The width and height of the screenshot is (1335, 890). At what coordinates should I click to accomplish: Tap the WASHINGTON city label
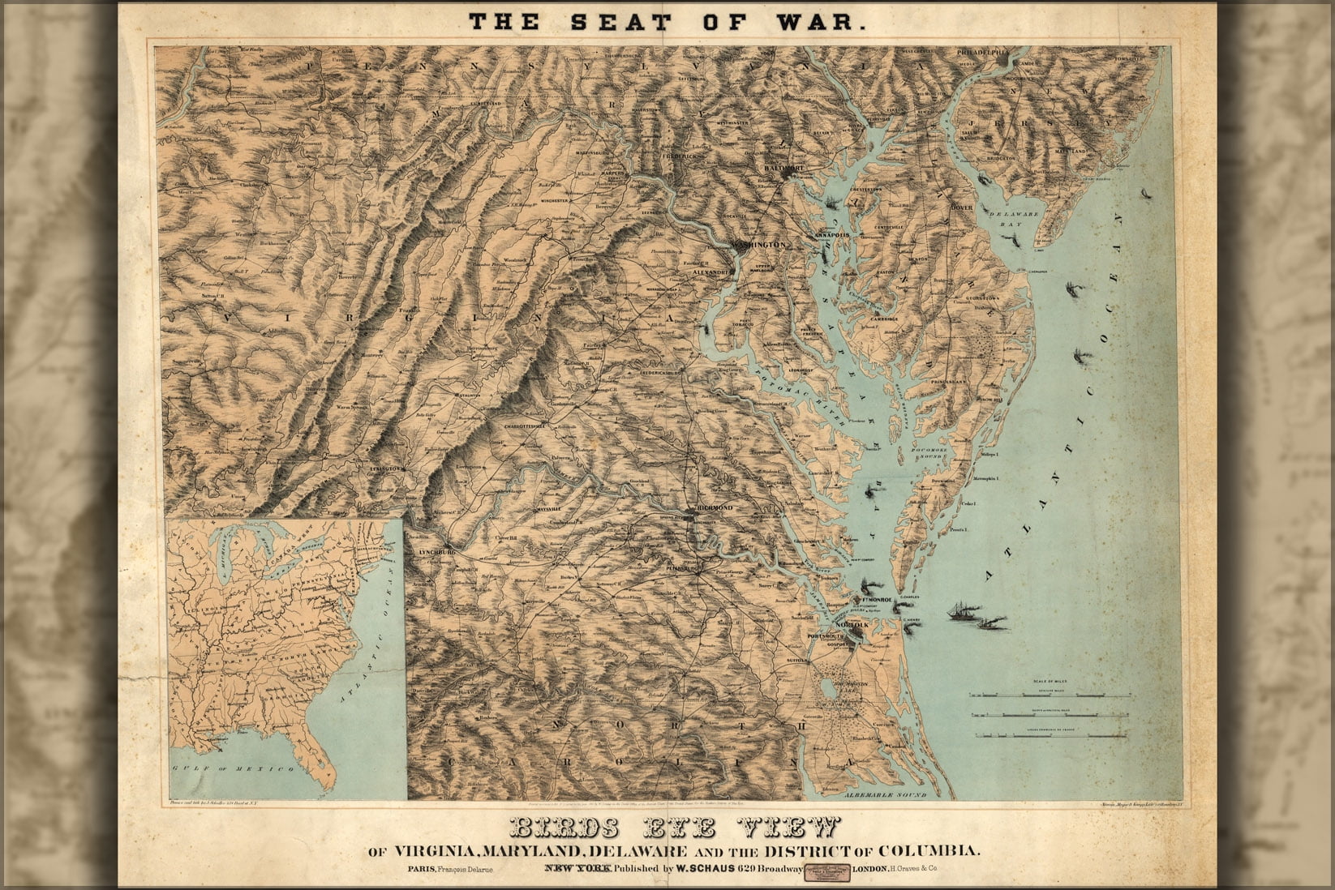760,244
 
